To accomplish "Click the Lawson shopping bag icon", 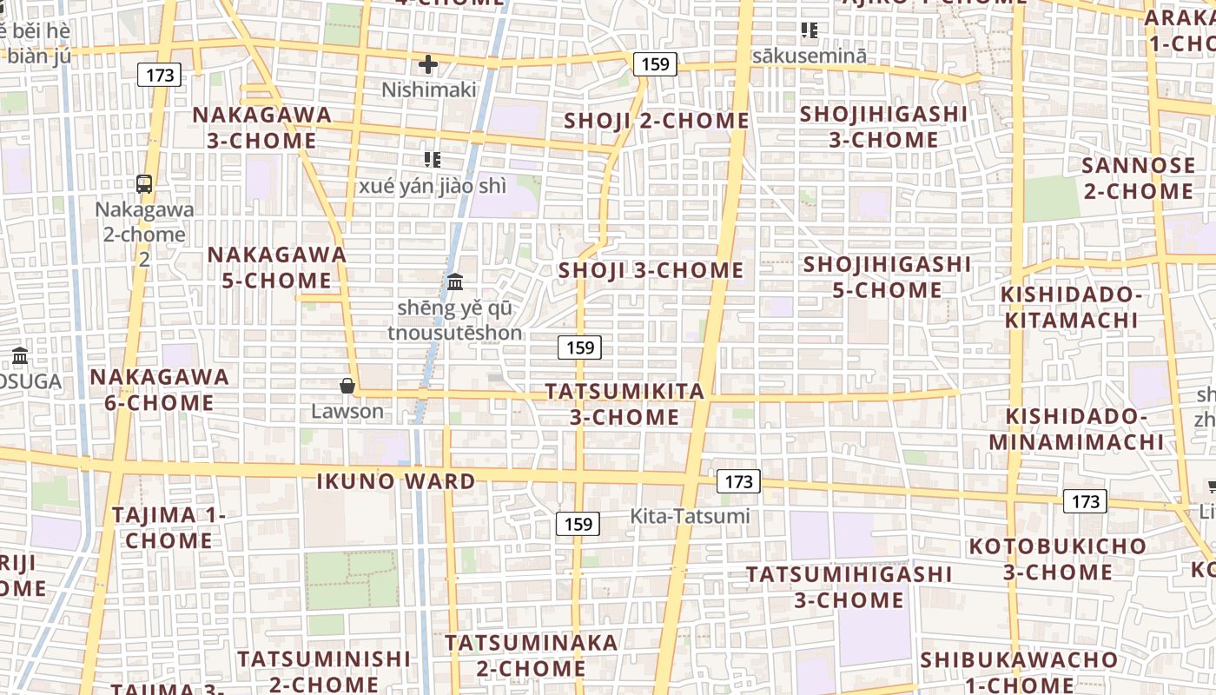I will (x=347, y=386).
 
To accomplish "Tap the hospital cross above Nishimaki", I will (x=427, y=64).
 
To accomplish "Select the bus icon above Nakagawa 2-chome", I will (x=144, y=184).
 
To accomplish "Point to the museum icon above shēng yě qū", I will (x=454, y=281).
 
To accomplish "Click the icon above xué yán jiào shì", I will (x=432, y=159).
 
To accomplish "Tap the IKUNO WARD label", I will (x=395, y=481).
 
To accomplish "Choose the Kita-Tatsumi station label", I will (x=690, y=516).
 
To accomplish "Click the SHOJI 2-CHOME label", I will (x=656, y=121).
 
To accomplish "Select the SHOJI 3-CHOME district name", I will (x=651, y=270).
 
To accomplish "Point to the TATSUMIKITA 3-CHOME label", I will (x=625, y=404).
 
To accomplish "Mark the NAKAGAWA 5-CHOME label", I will (x=276, y=268).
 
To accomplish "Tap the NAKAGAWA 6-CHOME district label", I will (x=159, y=390).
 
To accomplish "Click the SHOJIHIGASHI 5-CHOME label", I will (x=887, y=276).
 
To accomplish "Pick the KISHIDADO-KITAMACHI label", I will (x=1070, y=307).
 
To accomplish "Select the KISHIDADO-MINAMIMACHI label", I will (x=1076, y=428).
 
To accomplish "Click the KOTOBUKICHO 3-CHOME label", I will (x=1057, y=559).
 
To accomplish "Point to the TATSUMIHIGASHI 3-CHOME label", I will (x=849, y=586).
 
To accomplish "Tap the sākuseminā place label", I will (x=809, y=56).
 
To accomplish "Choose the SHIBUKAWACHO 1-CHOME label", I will (x=1018, y=672).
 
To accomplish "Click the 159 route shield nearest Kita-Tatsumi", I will (x=578, y=524).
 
